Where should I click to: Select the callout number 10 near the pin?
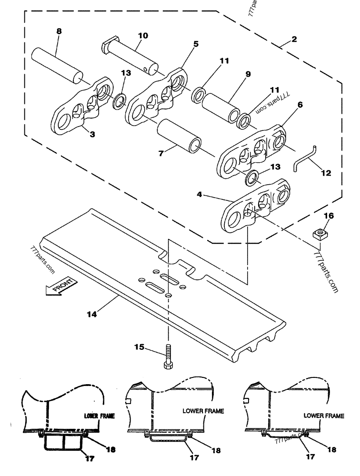(x=142, y=35)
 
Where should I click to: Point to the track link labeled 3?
(x=81, y=106)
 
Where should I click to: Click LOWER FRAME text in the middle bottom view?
(x=203, y=410)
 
